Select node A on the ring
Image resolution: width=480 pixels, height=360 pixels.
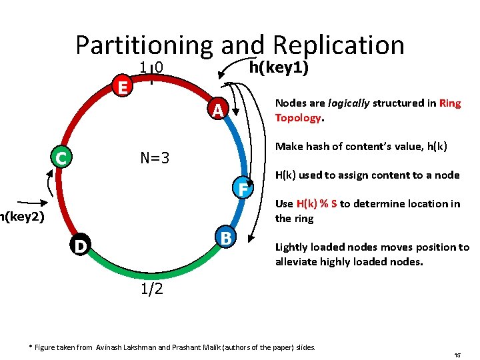click(x=217, y=109)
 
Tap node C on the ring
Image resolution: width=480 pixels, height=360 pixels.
click(x=61, y=158)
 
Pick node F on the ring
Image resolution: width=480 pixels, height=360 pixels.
click(x=243, y=189)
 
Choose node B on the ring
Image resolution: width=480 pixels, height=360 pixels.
click(x=226, y=237)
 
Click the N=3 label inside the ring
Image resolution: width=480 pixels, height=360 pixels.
click(x=155, y=158)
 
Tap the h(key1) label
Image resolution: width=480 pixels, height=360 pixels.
click(x=278, y=67)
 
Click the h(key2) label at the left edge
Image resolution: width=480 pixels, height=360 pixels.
click(x=22, y=217)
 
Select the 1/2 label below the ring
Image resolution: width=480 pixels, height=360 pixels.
click(x=152, y=289)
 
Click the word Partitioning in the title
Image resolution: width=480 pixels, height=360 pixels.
click(x=143, y=45)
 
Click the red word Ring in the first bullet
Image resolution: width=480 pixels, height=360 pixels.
click(x=450, y=103)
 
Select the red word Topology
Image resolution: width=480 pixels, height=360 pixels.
click(x=298, y=118)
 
